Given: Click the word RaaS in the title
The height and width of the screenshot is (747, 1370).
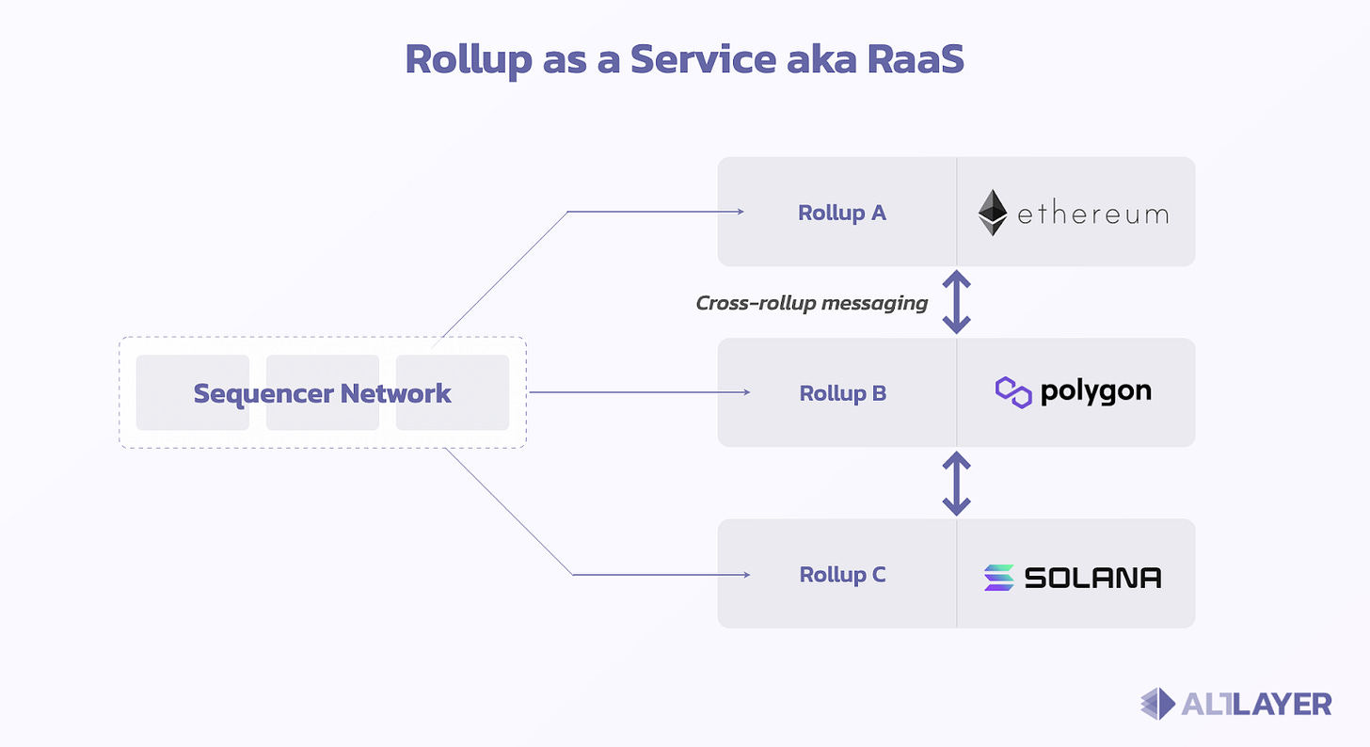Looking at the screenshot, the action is click(916, 58).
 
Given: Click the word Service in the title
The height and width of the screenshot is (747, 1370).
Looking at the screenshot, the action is click(704, 58).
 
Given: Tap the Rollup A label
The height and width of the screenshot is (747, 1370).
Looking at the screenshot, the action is click(841, 213).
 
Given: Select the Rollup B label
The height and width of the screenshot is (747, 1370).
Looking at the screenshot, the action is click(842, 393).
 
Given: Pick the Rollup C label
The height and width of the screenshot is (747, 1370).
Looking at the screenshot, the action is click(842, 575).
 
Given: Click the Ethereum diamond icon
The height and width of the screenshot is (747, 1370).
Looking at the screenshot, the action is click(993, 213).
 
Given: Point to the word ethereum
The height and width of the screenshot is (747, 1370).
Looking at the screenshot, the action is click(1093, 214).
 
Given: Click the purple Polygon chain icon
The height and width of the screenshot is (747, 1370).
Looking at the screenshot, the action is click(1013, 392).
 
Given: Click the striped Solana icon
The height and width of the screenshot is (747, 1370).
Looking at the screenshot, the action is click(998, 578).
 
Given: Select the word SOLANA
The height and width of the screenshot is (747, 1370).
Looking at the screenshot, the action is click(1092, 578).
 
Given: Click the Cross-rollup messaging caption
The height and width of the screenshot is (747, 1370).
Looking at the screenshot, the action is click(812, 303).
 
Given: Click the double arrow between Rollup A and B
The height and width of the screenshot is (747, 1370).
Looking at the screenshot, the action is click(957, 302).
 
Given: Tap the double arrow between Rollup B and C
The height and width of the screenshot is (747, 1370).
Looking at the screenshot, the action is click(957, 484).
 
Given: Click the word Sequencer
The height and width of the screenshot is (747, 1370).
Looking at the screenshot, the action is click(264, 394).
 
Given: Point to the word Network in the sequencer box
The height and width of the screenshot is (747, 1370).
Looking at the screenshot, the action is click(396, 393).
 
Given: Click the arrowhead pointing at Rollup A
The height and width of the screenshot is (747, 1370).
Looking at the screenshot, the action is click(741, 212).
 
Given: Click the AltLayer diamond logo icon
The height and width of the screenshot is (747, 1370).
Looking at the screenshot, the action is click(1157, 704).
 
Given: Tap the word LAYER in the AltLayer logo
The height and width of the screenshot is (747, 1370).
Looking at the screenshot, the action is click(1282, 705).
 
